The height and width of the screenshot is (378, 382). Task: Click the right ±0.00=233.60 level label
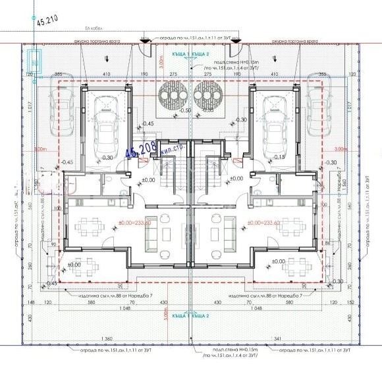click(263, 223)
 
